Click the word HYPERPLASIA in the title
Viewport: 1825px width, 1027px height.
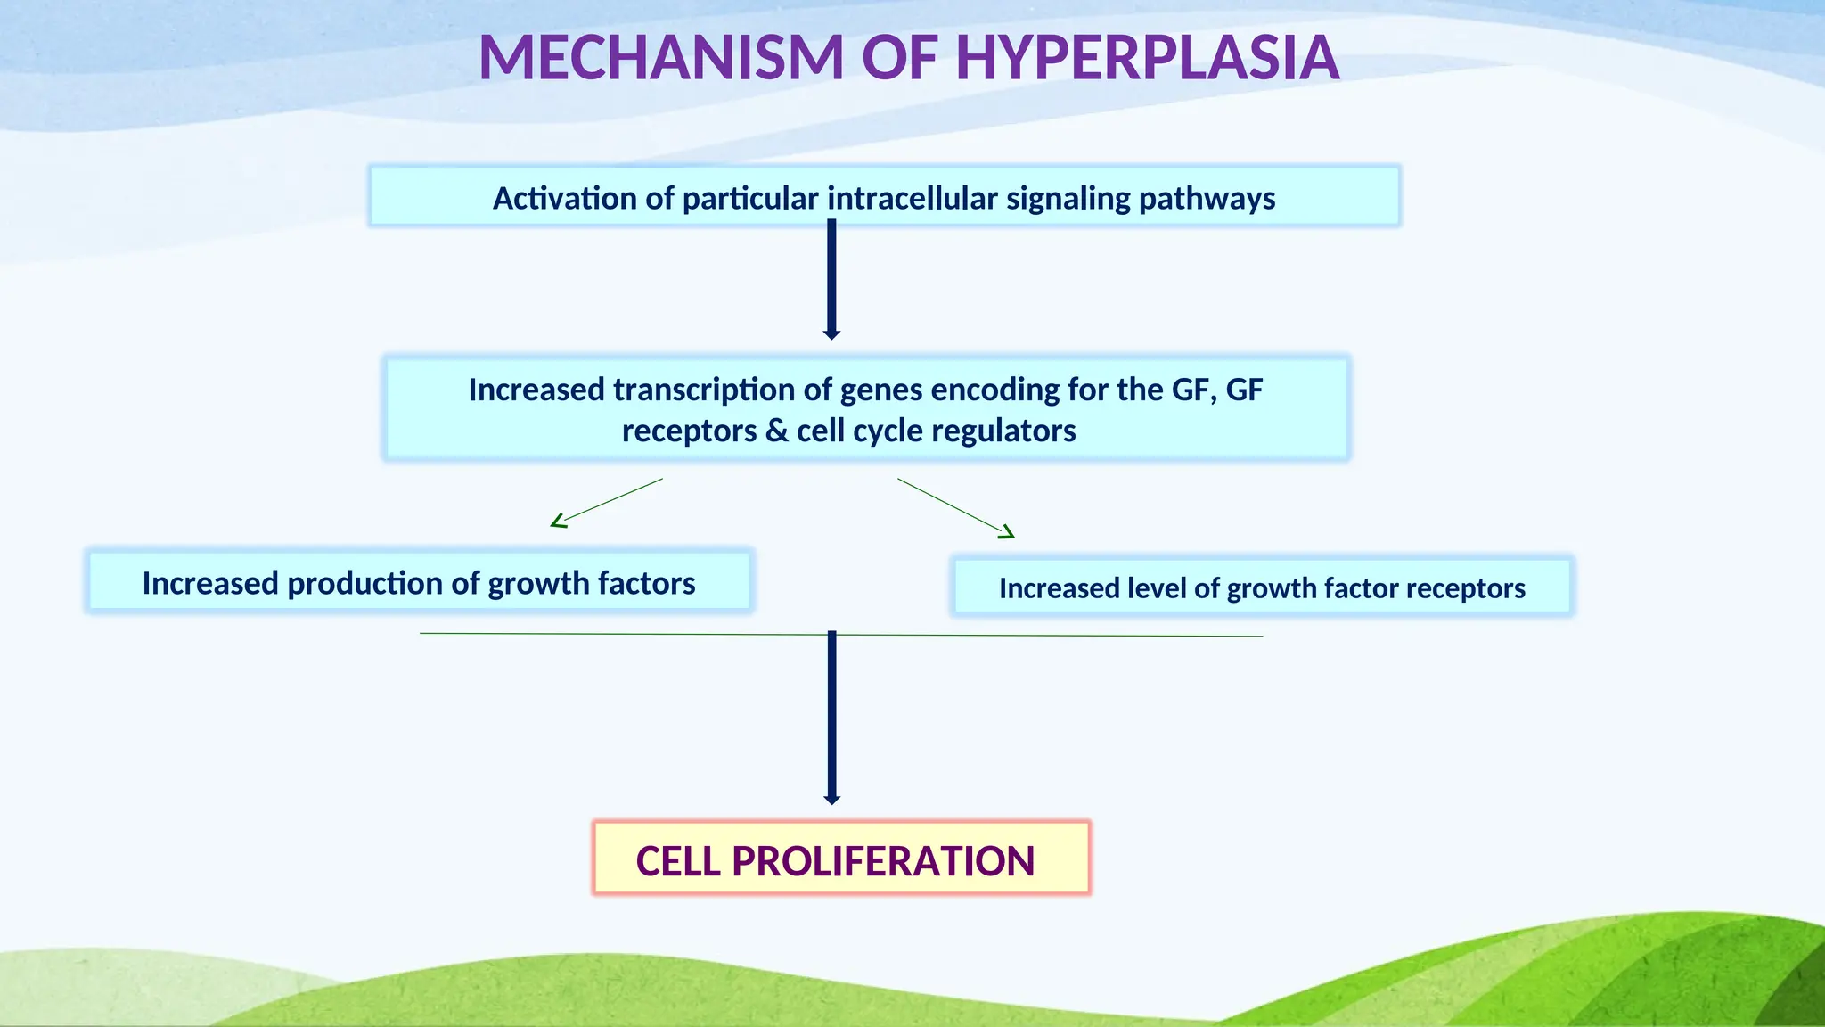(1148, 58)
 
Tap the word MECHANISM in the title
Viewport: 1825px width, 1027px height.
(660, 58)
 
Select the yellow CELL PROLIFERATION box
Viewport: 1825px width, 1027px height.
(840, 858)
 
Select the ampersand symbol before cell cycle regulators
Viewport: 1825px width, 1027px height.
(776, 431)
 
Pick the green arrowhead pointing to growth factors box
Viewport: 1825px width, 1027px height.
(559, 522)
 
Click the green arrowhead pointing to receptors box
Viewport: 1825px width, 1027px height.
(1007, 533)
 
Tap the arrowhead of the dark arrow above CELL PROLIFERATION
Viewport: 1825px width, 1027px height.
(832, 800)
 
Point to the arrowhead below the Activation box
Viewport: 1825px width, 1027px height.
(831, 334)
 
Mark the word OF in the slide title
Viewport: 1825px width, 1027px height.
(899, 58)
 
